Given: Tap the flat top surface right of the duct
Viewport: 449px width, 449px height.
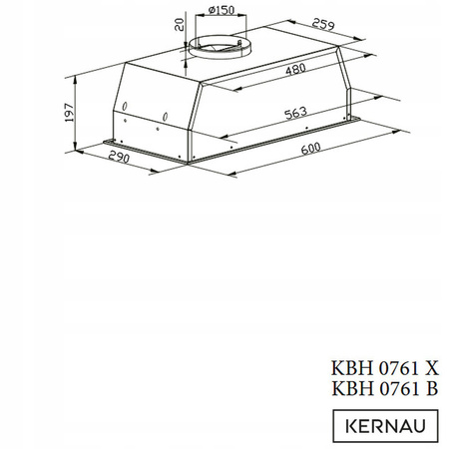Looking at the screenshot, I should click(289, 50).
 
